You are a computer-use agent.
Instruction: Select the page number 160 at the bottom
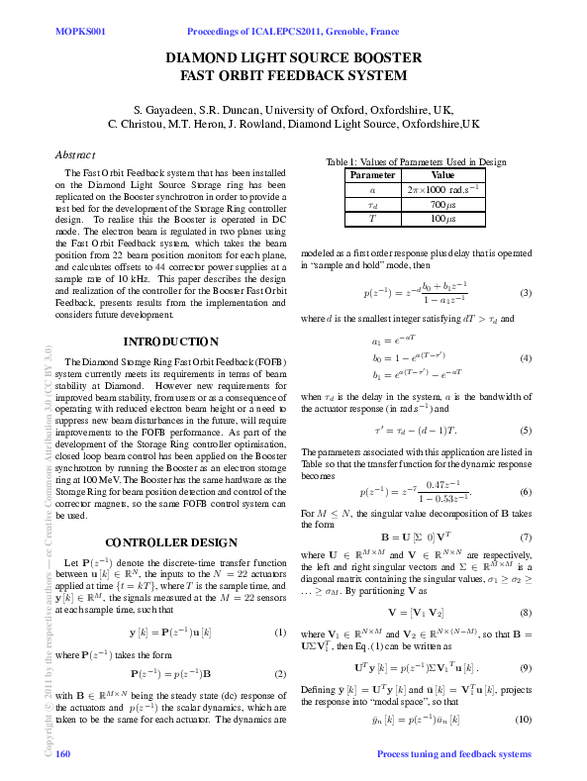pos(63,754)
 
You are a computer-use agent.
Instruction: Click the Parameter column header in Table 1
pos(372,174)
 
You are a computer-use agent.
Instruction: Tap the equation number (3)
pos(526,292)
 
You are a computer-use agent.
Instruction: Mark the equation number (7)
pos(526,537)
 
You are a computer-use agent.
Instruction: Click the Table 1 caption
pos(416,162)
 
